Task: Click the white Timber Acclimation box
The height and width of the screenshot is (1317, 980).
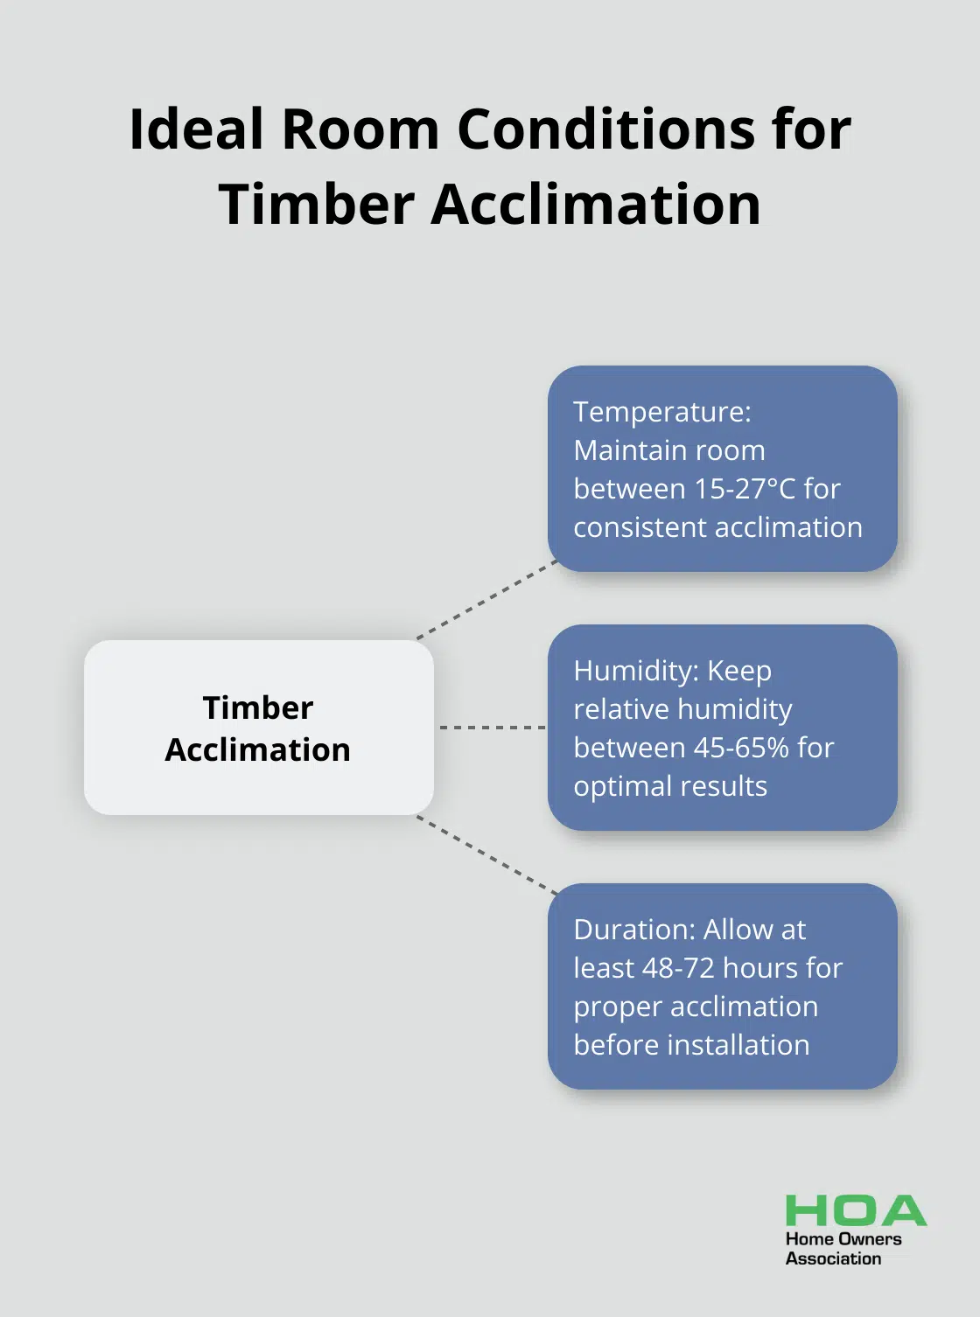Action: [258, 728]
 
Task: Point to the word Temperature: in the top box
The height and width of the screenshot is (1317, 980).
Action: [662, 412]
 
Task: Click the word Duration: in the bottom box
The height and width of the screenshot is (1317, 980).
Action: [634, 930]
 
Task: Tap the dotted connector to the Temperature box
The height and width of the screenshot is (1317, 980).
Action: [486, 600]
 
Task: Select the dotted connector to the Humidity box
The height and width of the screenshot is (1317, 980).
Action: [493, 728]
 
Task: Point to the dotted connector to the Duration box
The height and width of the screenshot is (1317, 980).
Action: [486, 855]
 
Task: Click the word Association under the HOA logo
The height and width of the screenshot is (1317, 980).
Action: [833, 1258]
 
